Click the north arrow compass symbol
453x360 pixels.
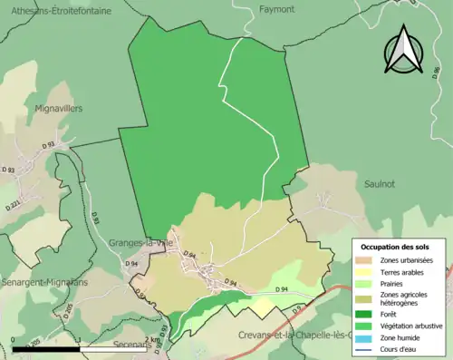404,51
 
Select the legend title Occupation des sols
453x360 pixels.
401,247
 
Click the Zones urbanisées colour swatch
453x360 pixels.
367,260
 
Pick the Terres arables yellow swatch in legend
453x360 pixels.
367,271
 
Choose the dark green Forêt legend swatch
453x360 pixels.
367,315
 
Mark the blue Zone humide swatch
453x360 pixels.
367,337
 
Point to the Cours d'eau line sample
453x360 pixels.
367,349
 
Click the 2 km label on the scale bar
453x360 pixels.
150,339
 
